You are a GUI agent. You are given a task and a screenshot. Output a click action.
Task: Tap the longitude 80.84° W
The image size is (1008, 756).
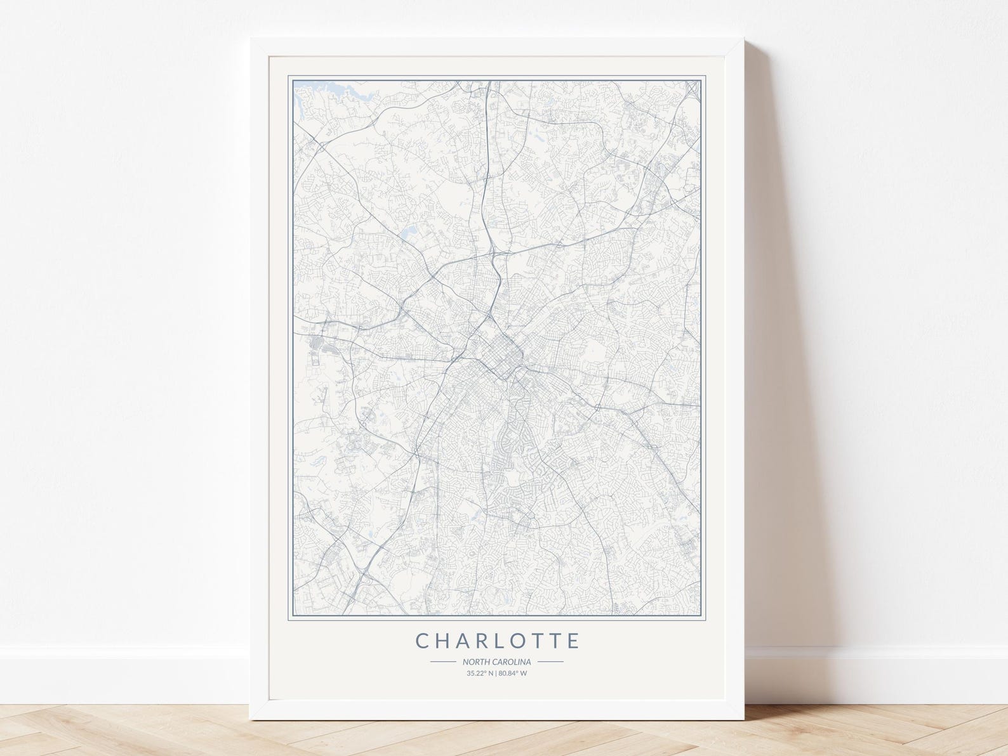coord(513,673)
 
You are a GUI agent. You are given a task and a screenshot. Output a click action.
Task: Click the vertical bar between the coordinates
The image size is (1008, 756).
coord(497,673)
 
